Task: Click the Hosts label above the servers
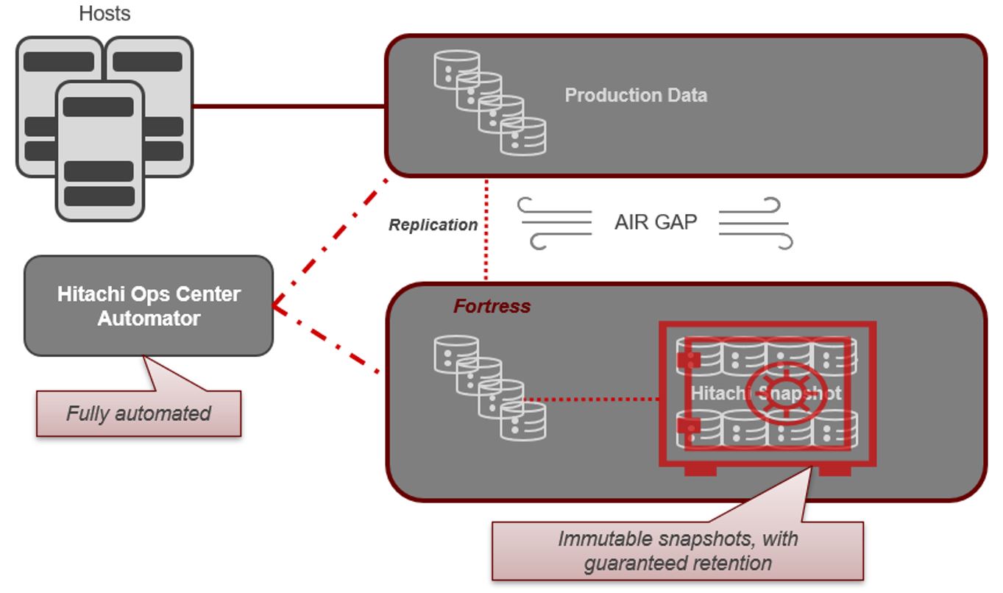click(x=104, y=13)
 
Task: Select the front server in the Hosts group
click(x=99, y=152)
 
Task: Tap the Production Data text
click(x=636, y=96)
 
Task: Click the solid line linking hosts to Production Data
click(x=288, y=107)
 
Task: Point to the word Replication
click(x=433, y=224)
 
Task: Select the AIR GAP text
click(x=656, y=222)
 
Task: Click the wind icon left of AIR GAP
click(x=554, y=223)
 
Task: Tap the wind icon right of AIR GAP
click(x=756, y=223)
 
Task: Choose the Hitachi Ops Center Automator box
click(x=149, y=306)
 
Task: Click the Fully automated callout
click(x=139, y=413)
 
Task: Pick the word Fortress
click(x=492, y=306)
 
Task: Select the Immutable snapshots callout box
click(x=678, y=551)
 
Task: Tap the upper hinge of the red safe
click(x=688, y=359)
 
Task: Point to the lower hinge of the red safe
click(x=688, y=425)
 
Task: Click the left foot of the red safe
click(x=701, y=470)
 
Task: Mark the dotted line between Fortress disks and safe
click(x=591, y=398)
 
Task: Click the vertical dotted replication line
click(x=486, y=229)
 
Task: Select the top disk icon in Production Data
click(x=457, y=69)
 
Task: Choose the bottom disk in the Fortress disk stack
click(x=523, y=421)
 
